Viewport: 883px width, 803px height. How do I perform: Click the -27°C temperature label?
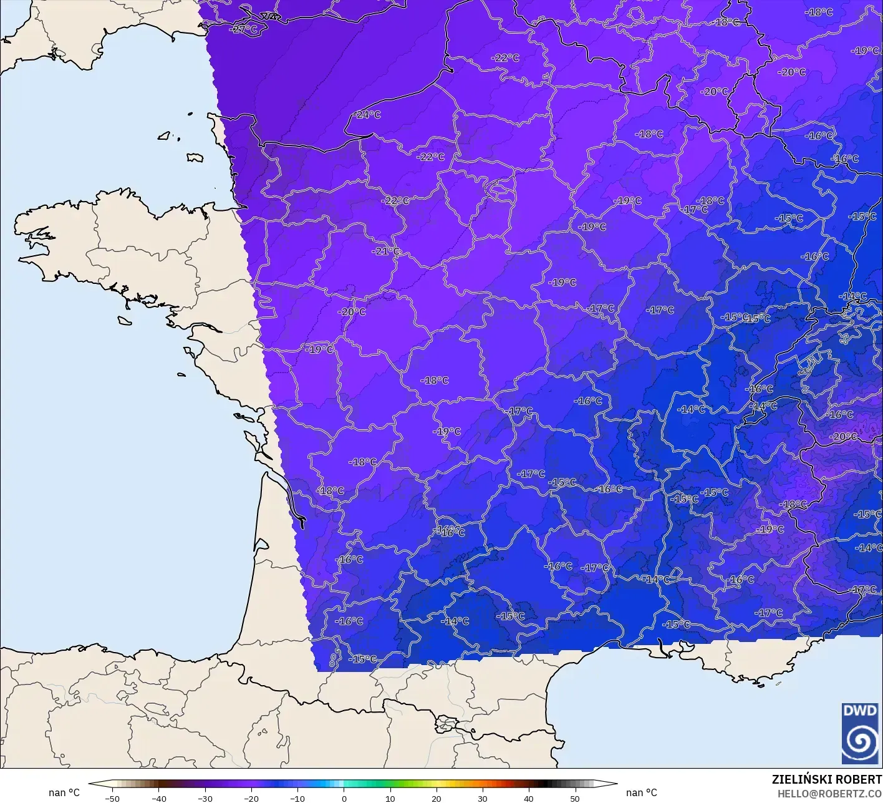[x=243, y=29]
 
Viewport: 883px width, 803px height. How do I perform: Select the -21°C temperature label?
[x=386, y=251]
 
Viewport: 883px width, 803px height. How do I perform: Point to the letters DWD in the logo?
[x=859, y=711]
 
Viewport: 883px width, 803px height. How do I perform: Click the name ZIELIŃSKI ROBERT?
[x=827, y=779]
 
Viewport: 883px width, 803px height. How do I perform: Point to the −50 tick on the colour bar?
[x=112, y=798]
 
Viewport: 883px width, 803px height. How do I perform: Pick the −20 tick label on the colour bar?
[x=251, y=798]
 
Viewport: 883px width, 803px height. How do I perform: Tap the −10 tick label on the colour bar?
[x=297, y=798]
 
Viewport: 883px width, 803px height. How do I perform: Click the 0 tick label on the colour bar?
[x=344, y=798]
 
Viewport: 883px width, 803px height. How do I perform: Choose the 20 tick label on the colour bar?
[x=437, y=798]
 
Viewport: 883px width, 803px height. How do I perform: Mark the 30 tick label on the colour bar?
[x=483, y=798]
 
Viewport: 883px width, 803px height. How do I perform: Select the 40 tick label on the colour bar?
[x=529, y=798]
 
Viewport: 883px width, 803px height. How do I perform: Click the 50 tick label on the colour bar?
[x=575, y=798]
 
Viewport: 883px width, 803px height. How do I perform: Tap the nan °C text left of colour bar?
[x=64, y=792]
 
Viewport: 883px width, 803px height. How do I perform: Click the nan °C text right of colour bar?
[x=642, y=792]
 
